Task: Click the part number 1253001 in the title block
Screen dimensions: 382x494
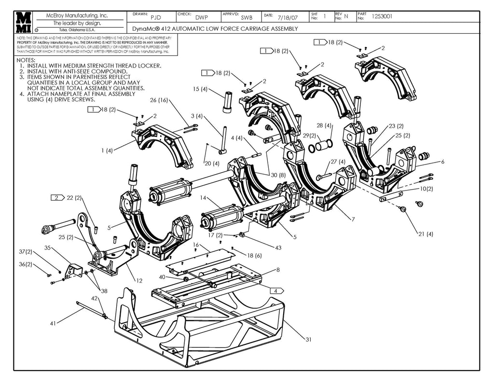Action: click(x=382, y=16)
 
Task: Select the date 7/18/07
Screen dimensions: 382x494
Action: click(x=288, y=18)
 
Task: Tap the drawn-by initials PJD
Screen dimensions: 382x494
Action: click(x=156, y=18)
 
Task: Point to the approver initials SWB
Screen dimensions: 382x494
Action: click(x=246, y=18)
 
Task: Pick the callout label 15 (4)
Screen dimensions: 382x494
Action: click(x=200, y=89)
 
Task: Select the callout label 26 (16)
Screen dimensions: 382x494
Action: click(x=159, y=100)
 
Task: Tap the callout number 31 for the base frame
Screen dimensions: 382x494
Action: click(x=309, y=339)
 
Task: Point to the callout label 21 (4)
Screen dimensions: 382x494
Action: click(x=425, y=234)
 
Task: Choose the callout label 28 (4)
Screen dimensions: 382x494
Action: click(x=324, y=125)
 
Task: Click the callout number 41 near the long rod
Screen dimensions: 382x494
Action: click(x=53, y=324)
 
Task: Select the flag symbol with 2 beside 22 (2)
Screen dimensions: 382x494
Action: click(x=58, y=198)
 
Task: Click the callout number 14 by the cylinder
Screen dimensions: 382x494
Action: click(x=203, y=198)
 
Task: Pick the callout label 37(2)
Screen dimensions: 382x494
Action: click(x=26, y=252)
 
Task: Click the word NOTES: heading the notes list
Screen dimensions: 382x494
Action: click(x=26, y=60)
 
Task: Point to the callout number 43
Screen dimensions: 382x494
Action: click(x=278, y=247)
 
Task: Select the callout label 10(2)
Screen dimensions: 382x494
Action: click(x=426, y=189)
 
